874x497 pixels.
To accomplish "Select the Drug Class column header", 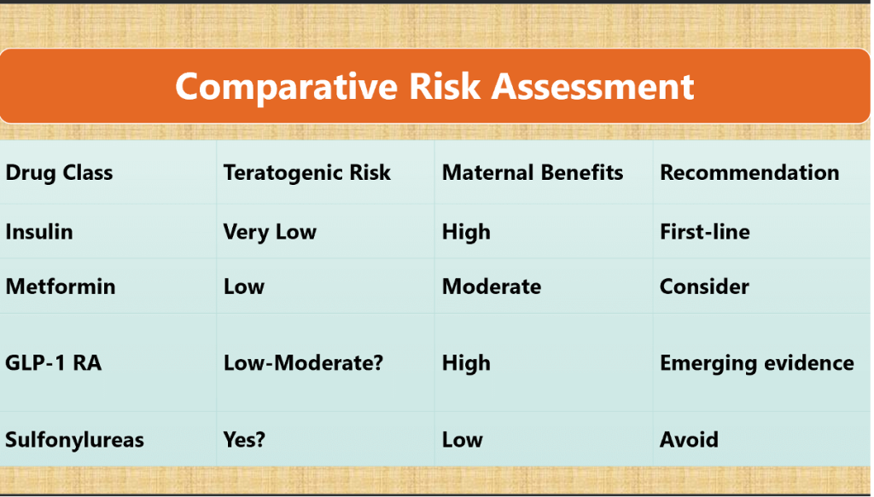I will coord(59,173).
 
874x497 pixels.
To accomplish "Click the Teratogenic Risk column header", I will coord(306,173).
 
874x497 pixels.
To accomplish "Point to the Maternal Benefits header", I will coord(533,173).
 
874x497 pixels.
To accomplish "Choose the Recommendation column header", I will coord(749,173).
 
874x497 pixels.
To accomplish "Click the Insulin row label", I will coord(39,232).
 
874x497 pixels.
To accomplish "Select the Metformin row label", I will coord(61,286).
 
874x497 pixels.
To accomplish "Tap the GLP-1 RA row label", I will coord(53,363).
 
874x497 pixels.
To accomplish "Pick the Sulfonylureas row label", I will coord(74,440).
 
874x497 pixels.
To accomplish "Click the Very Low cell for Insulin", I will coord(270,232).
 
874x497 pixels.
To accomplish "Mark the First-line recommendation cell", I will coord(705,232).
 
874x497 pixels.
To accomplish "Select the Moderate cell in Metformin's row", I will coord(492,286).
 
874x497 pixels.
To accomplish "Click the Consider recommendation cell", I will coord(704,286).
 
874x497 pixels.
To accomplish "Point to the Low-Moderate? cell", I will coord(303,363).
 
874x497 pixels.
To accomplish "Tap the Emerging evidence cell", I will coord(756,363).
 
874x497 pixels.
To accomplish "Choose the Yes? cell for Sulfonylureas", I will coord(245,440).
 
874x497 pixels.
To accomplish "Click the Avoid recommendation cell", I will coord(689,440).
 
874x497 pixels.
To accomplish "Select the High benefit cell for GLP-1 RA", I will coord(466,363).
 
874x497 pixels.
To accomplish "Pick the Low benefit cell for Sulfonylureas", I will coord(462,440).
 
